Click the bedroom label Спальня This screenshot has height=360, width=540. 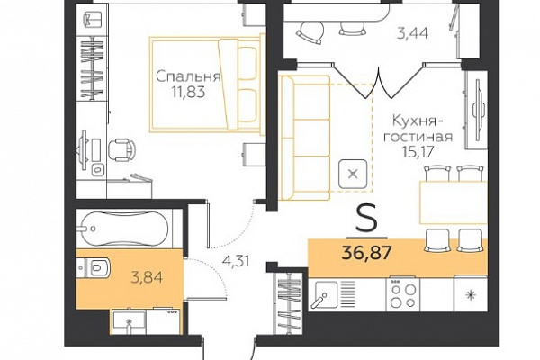pyautogui.click(x=188, y=76)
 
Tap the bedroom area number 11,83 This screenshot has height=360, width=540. pyautogui.click(x=188, y=93)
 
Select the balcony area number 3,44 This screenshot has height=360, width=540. pyautogui.click(x=412, y=34)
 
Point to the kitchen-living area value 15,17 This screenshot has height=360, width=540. pyautogui.click(x=418, y=151)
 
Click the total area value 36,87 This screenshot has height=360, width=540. pyautogui.click(x=367, y=253)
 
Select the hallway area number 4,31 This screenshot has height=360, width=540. pyautogui.click(x=236, y=261)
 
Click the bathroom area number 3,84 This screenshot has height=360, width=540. pyautogui.click(x=147, y=276)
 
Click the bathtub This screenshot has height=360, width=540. pyautogui.click(x=123, y=228)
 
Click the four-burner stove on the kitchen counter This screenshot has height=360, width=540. pyautogui.click(x=403, y=293)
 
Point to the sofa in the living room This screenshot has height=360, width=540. pyautogui.click(x=305, y=138)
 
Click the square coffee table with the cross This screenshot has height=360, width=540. pyautogui.click(x=352, y=174)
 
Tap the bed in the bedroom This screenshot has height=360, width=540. pyautogui.click(x=205, y=85)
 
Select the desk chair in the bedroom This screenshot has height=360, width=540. pyautogui.click(x=121, y=150)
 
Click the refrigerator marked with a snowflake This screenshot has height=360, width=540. pyautogui.click(x=470, y=293)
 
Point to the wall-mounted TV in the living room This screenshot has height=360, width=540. pyautogui.click(x=478, y=110)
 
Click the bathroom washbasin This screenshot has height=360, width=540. pyautogui.click(x=129, y=322)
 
